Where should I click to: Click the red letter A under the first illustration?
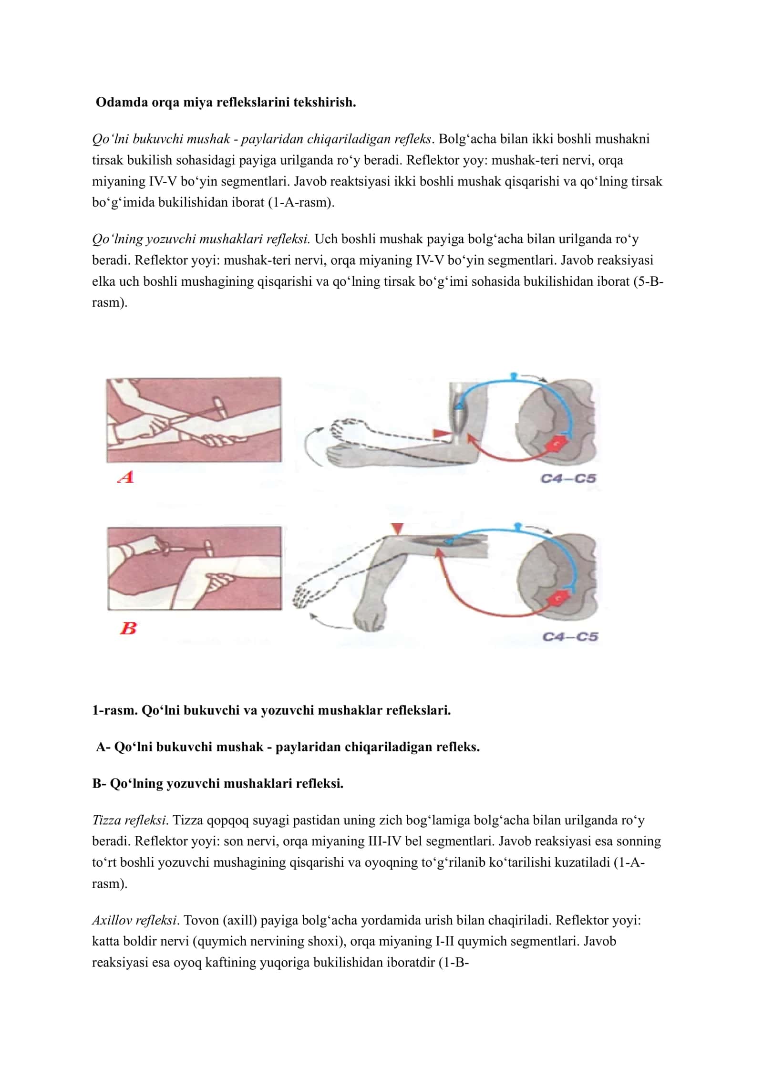(126, 477)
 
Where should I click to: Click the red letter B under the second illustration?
(128, 628)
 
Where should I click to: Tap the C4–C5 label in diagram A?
(568, 478)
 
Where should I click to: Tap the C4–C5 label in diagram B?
(570, 636)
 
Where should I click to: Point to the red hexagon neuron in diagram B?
(558, 598)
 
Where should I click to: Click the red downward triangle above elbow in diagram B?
(397, 529)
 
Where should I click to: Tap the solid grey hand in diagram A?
(341, 453)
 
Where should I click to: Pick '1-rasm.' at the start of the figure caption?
(115, 724)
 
